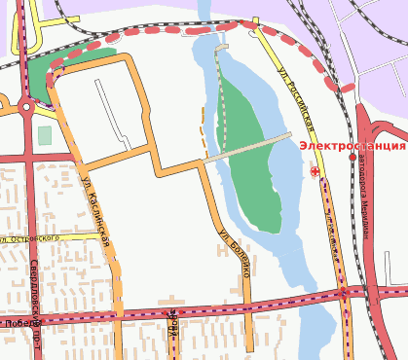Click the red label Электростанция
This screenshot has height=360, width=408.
point(352,146)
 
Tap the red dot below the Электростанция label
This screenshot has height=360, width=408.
point(352,157)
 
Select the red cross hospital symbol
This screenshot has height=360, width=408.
point(315,171)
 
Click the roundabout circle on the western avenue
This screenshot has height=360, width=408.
point(25,107)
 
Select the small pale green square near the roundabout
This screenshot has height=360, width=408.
point(44,134)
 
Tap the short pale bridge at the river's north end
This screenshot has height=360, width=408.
point(222,47)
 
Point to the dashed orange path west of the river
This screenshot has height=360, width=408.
point(204,131)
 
